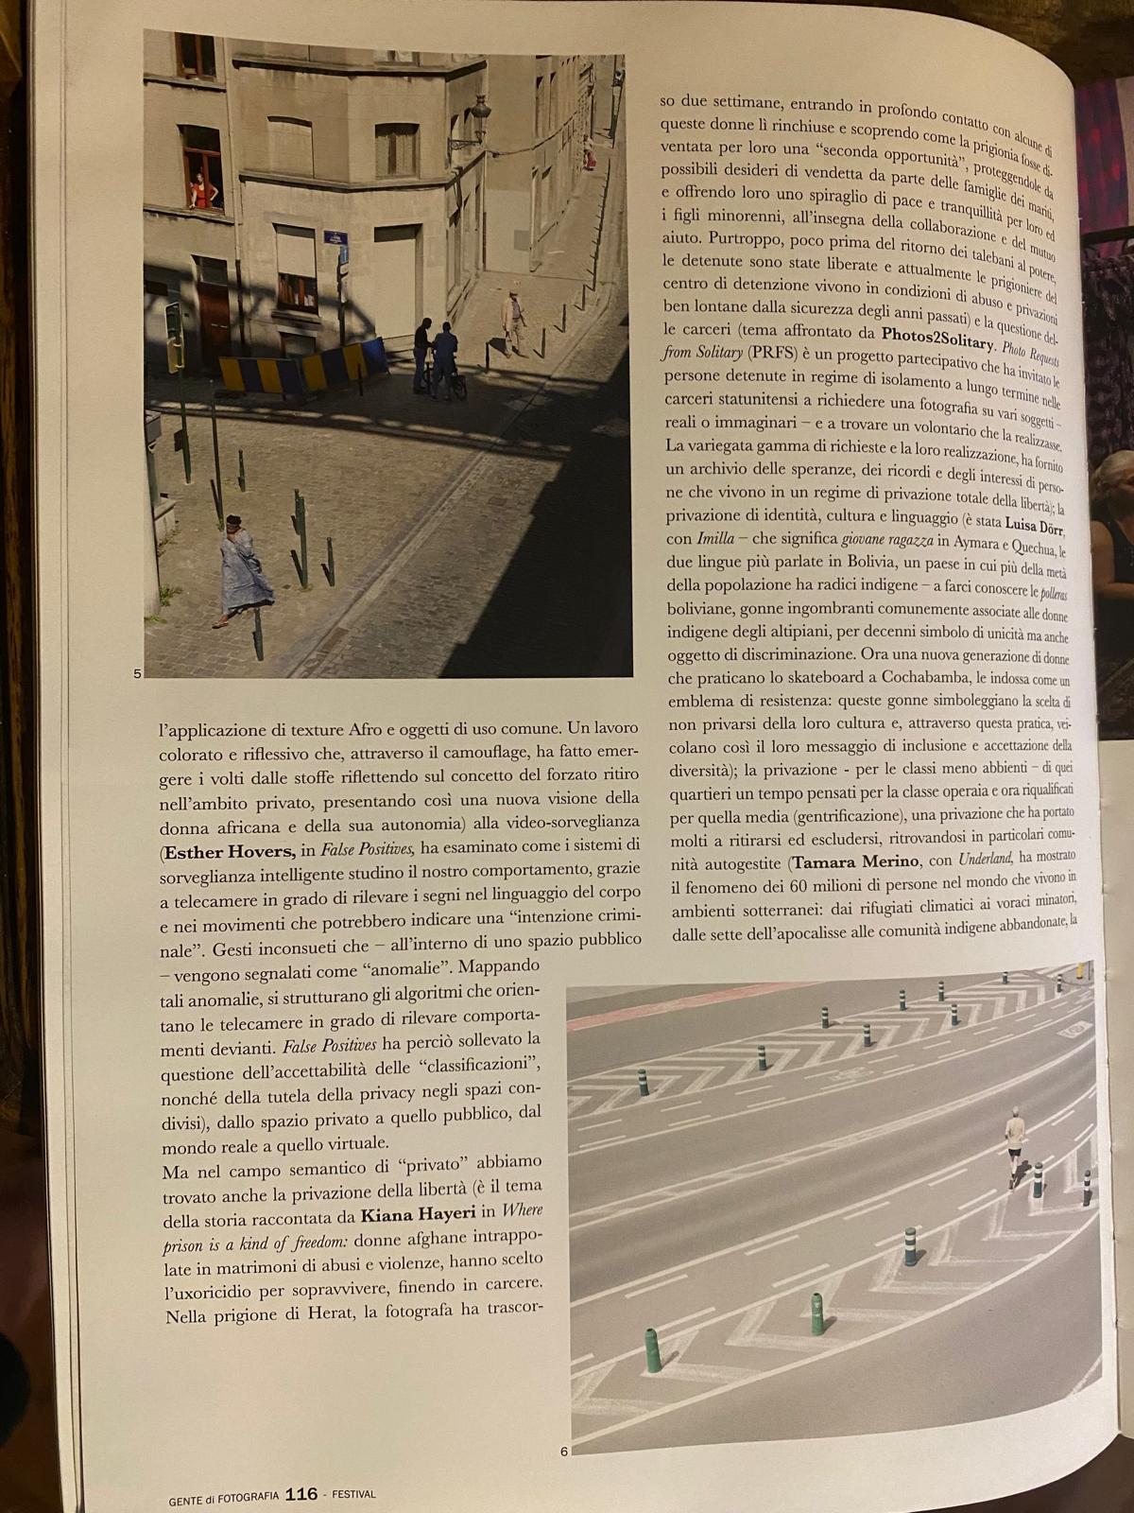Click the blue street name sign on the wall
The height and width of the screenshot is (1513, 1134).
(x=332, y=237)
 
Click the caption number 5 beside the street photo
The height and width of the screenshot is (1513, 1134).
(x=137, y=673)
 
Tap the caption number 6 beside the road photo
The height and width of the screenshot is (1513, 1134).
(x=563, y=1452)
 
